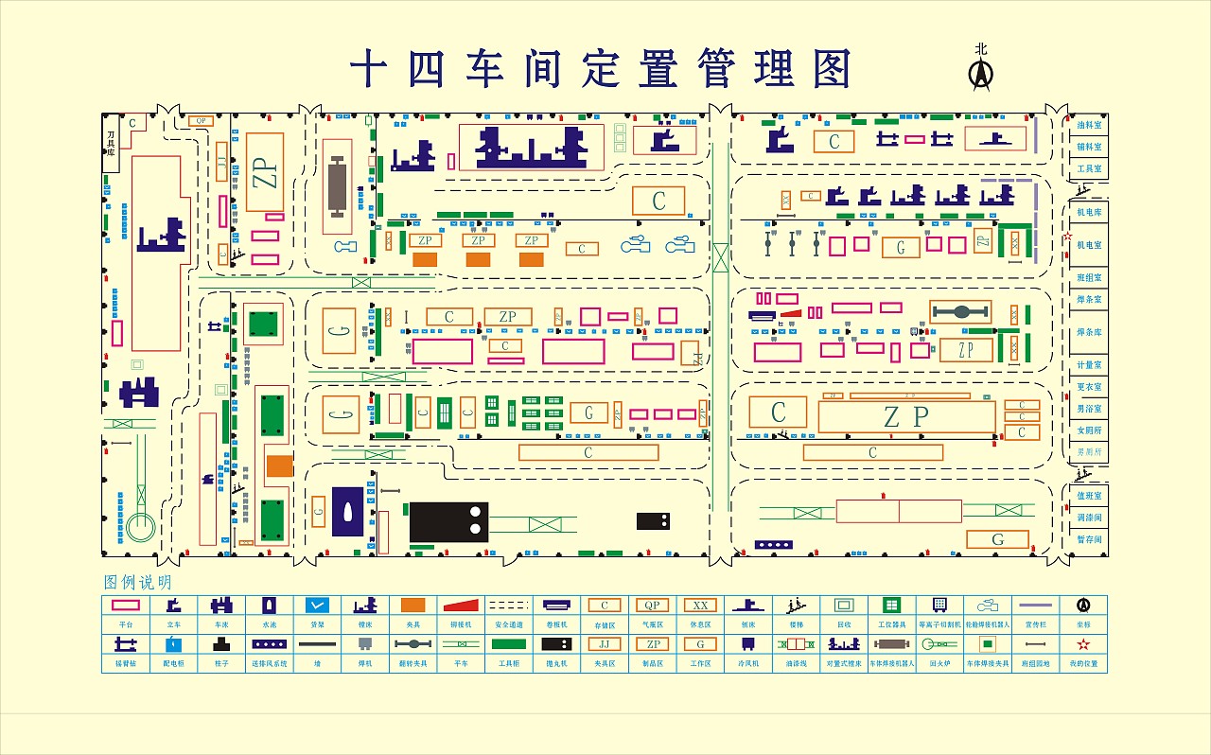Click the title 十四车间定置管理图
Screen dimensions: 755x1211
[602, 69]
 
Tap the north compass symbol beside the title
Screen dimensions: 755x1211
[982, 72]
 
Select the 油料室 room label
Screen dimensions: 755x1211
[1089, 125]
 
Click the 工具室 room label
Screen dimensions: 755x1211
[1089, 168]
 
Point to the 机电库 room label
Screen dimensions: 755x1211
[1089, 213]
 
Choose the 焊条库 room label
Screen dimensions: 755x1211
[1089, 332]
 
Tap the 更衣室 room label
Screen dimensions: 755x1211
[1089, 387]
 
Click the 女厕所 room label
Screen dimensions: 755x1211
[1089, 430]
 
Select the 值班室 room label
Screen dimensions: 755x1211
[1089, 496]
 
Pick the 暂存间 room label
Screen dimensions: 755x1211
[1089, 539]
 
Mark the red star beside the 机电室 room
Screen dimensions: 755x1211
[1069, 237]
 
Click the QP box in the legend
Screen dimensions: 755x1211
[651, 606]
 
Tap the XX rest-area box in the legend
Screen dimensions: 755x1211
[700, 606]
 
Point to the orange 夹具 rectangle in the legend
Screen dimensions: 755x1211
[412, 606]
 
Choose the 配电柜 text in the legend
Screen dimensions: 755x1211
[173, 664]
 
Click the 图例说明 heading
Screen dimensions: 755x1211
[138, 583]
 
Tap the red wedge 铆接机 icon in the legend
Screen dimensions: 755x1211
[462, 606]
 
